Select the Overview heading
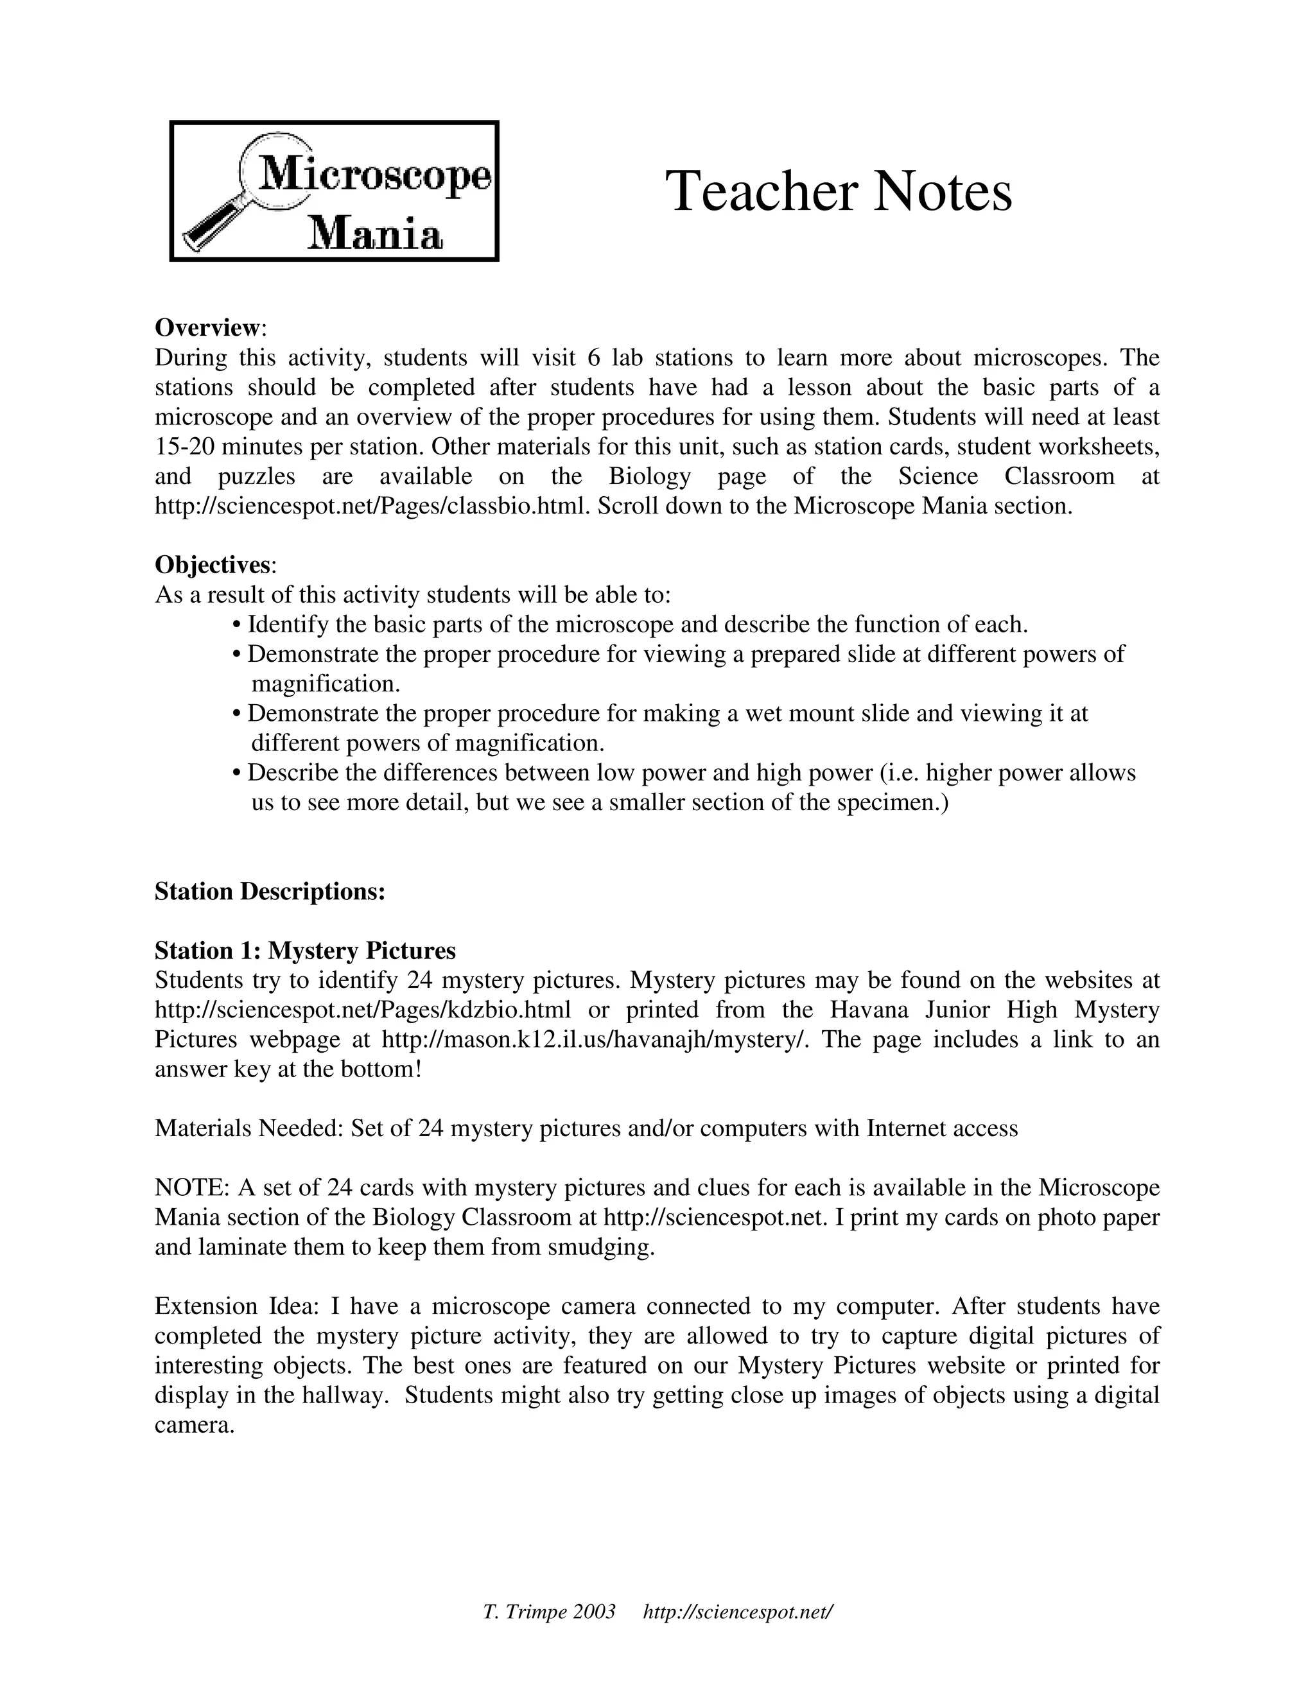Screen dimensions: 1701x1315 click(x=207, y=327)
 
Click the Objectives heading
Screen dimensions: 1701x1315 click(x=212, y=564)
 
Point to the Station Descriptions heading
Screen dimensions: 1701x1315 click(x=270, y=891)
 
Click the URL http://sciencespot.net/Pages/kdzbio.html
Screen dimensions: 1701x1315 click(x=362, y=1010)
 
